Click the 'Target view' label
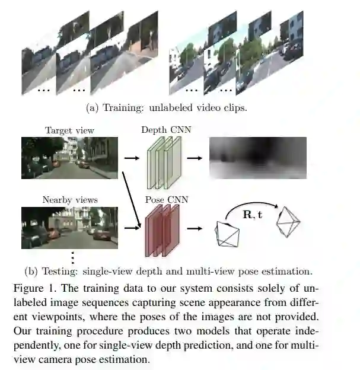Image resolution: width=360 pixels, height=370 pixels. [69, 130]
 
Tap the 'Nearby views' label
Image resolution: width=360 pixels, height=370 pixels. [69, 200]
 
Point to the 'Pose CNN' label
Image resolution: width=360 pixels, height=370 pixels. [166, 200]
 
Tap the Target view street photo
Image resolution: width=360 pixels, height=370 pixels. [69, 158]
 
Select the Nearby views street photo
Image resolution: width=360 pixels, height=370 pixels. [69, 227]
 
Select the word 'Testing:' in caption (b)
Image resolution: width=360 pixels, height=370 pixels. [61, 272]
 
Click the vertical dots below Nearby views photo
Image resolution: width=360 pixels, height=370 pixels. [72, 257]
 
